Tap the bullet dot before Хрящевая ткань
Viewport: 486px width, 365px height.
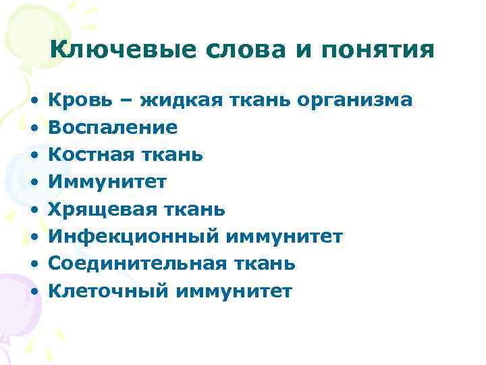click(33, 210)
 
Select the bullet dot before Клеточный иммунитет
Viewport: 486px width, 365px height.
click(33, 292)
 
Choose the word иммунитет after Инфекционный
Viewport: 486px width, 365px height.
click(285, 237)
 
